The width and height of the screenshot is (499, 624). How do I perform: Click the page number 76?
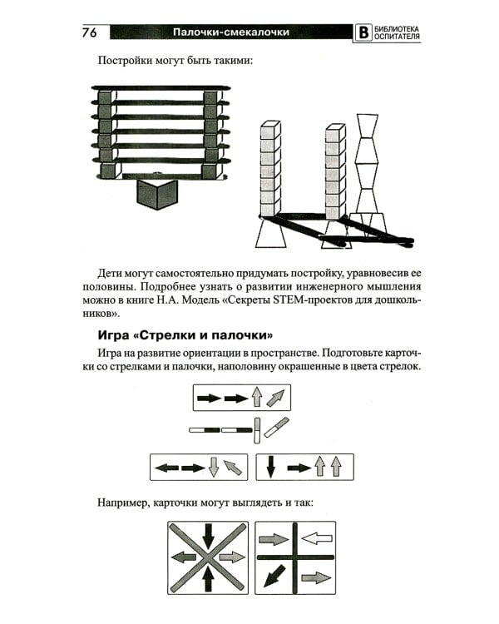pos(90,32)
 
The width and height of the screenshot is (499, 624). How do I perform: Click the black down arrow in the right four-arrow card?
pos(270,467)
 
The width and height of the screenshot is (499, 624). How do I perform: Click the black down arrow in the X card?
pos(209,535)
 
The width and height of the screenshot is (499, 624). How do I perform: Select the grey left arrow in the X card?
pos(184,557)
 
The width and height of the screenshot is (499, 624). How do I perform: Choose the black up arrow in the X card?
pos(209,577)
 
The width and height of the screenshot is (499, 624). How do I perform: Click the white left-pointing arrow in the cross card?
pos(316,537)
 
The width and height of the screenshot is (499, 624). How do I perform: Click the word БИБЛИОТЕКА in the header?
pos(394,28)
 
